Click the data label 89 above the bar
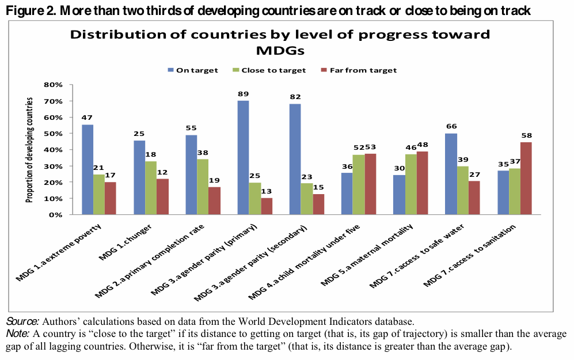(243, 94)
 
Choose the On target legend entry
(196, 70)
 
